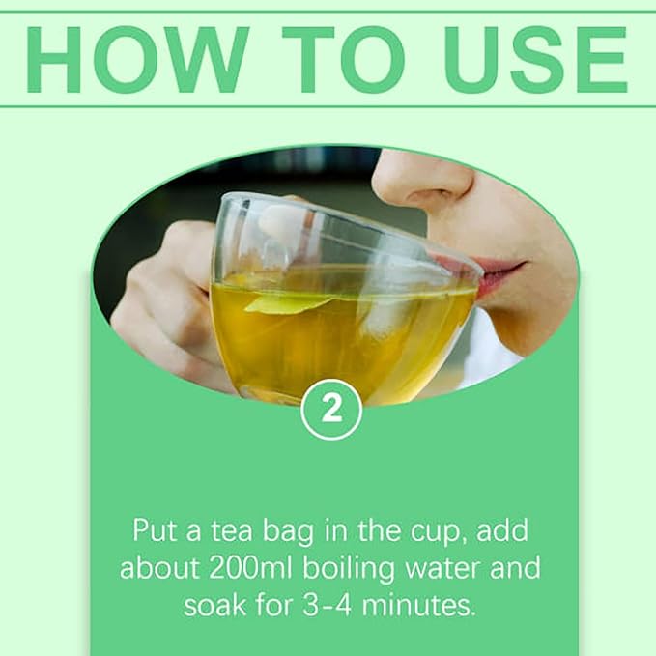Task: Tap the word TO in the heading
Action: (x=344, y=59)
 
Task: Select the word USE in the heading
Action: (x=536, y=59)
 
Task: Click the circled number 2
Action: (x=331, y=410)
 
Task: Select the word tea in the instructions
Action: (x=231, y=530)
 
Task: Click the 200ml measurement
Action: (x=250, y=568)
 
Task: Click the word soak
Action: (x=214, y=605)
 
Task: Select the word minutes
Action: (x=418, y=605)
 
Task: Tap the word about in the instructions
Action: (x=159, y=568)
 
